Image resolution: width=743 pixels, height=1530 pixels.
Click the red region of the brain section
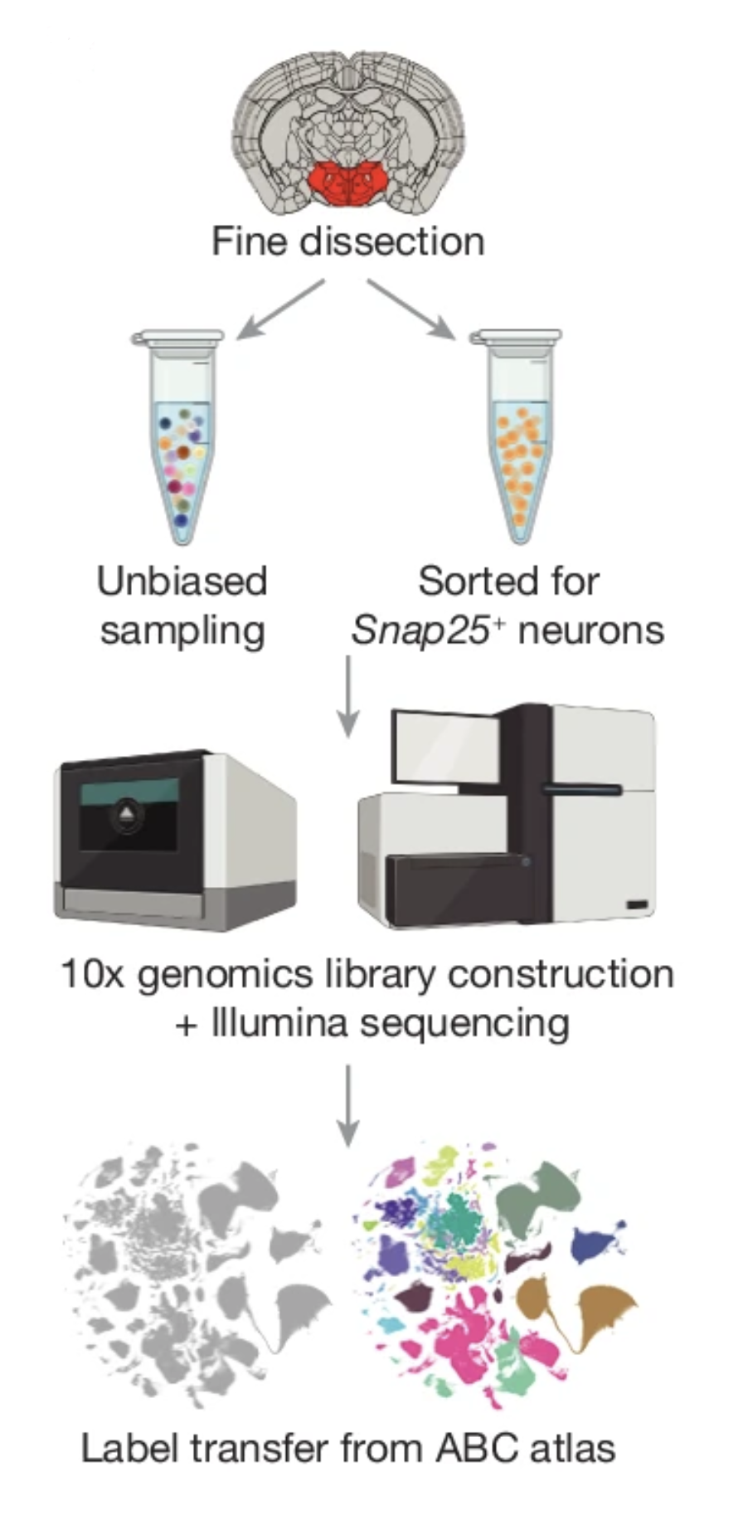tap(348, 184)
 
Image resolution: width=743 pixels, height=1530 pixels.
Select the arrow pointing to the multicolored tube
tap(279, 309)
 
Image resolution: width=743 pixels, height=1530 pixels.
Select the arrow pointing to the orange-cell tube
tap(412, 309)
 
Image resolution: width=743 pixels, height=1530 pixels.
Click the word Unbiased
tap(182, 582)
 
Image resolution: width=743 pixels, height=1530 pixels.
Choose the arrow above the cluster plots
tap(348, 1104)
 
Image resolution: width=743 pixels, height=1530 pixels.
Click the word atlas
tap(574, 1449)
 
